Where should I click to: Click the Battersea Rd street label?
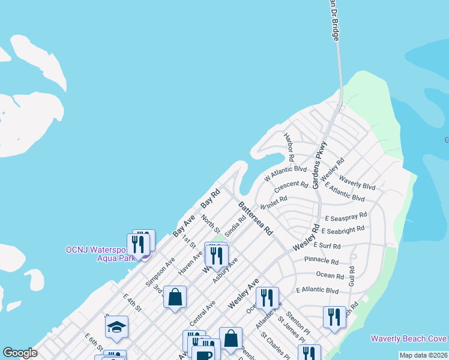click(255, 218)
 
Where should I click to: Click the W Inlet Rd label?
click(274, 202)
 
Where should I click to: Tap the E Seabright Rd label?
click(343, 230)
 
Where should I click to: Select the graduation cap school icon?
click(117, 327)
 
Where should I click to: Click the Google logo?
click(20, 353)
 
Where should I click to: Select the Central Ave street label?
click(202, 314)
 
